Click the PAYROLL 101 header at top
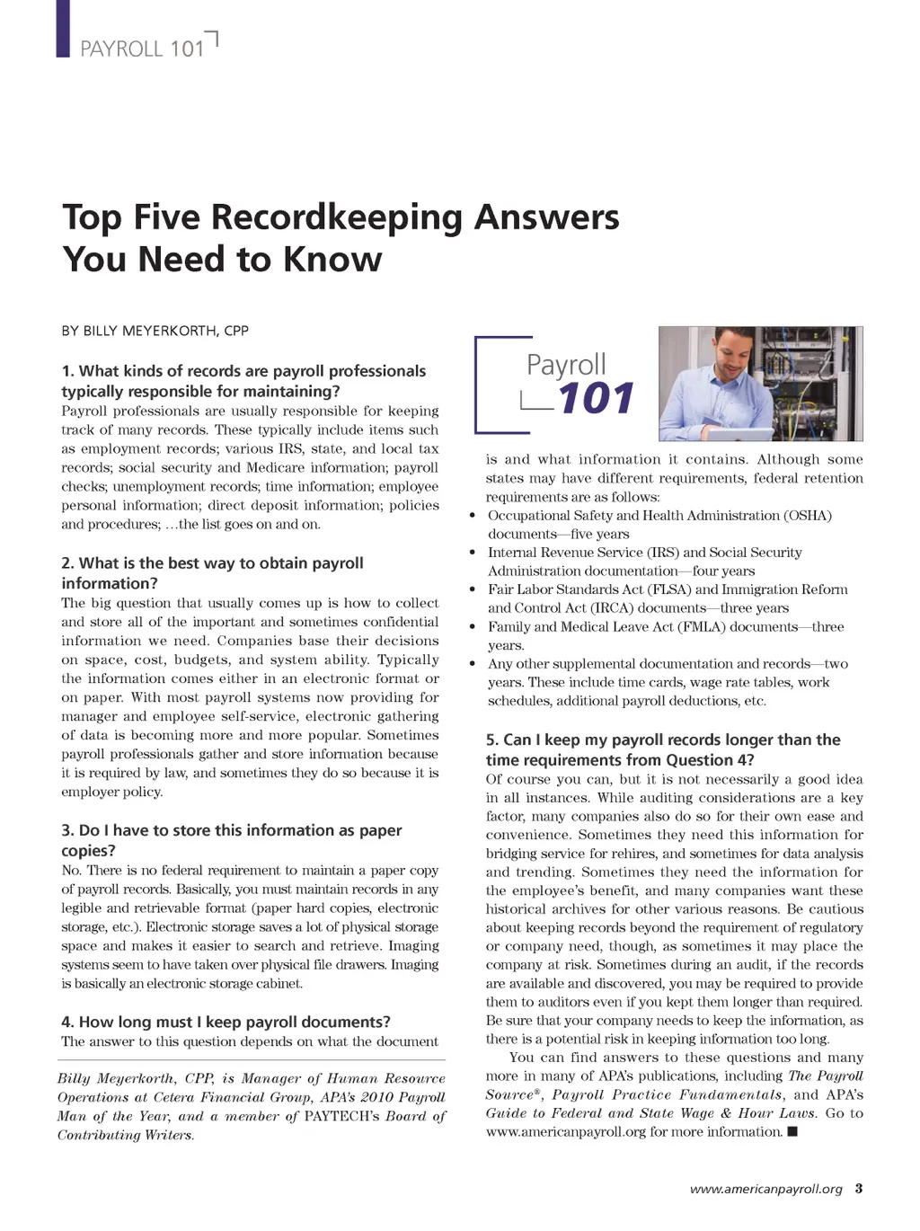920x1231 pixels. pyautogui.click(x=142, y=49)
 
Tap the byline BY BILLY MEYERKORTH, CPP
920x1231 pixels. pyautogui.click(x=155, y=331)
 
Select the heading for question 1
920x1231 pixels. pyautogui.click(x=243, y=381)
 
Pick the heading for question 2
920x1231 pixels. pyautogui.click(x=212, y=573)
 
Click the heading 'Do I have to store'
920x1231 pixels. pyautogui.click(x=232, y=840)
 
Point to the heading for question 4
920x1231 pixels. pyautogui.click(x=226, y=1022)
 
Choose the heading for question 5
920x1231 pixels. pyautogui.click(x=663, y=749)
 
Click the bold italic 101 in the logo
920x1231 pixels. pyautogui.click(x=596, y=399)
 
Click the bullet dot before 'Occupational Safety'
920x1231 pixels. pyautogui.click(x=473, y=516)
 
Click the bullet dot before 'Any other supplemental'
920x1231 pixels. pyautogui.click(x=473, y=664)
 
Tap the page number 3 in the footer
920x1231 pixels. pyautogui.click(x=859, y=1189)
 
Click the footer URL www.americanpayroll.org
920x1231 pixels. pyautogui.click(x=765, y=1190)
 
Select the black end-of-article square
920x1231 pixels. pyautogui.click(x=792, y=1132)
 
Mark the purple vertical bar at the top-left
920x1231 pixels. pyautogui.click(x=63, y=28)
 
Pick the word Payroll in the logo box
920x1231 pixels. pyautogui.click(x=566, y=365)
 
